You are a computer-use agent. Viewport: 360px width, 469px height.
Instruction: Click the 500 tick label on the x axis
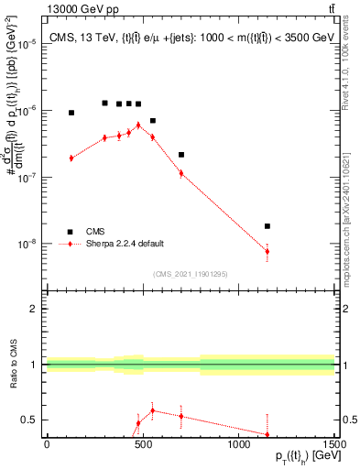point(143,445)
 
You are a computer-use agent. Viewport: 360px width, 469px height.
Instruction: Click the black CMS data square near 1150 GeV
point(267,225)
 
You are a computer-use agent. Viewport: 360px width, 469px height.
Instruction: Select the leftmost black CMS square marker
point(71,113)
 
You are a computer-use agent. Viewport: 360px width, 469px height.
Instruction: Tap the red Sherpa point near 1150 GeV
point(267,251)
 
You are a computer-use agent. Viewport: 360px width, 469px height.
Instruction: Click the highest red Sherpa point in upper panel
point(138,125)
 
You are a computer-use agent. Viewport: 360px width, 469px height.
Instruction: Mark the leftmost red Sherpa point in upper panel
point(71,158)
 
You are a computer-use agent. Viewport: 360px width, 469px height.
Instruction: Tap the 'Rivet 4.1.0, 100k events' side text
point(350,69)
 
